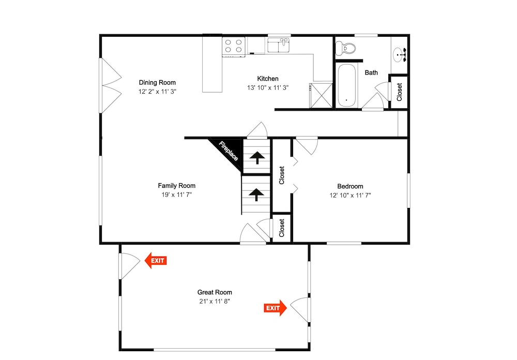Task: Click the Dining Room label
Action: point(157,82)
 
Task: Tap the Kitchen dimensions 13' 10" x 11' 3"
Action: point(268,88)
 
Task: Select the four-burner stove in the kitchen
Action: point(234,47)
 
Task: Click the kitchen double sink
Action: point(279,45)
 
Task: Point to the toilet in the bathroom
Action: point(345,48)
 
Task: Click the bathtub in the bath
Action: point(346,85)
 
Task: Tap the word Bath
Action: point(371,72)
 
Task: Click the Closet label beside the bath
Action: point(399,92)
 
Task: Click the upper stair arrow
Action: point(257,158)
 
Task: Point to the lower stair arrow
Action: point(256,194)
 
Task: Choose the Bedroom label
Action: point(350,186)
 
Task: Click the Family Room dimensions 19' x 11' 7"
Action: point(177,194)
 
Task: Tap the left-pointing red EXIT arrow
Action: point(156,261)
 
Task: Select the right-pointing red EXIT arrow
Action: point(276,308)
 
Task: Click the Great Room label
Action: point(215,292)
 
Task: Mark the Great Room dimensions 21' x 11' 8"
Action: point(215,301)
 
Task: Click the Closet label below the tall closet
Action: point(282,228)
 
